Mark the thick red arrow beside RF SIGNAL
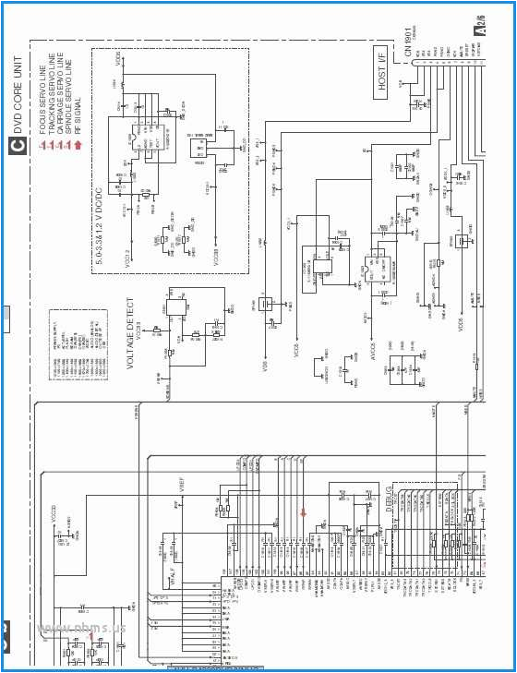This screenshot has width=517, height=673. tap(79, 144)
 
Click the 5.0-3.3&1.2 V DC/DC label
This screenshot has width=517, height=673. tap(101, 222)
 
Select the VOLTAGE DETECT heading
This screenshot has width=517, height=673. tap(131, 333)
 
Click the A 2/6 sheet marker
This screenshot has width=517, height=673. tap(479, 24)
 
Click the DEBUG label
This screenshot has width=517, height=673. tap(390, 499)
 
